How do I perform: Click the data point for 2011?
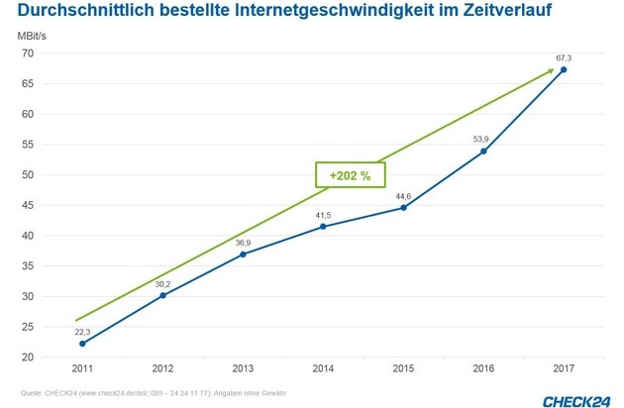point(82,343)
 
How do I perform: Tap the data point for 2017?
point(564,70)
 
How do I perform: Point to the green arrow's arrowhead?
point(551,69)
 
